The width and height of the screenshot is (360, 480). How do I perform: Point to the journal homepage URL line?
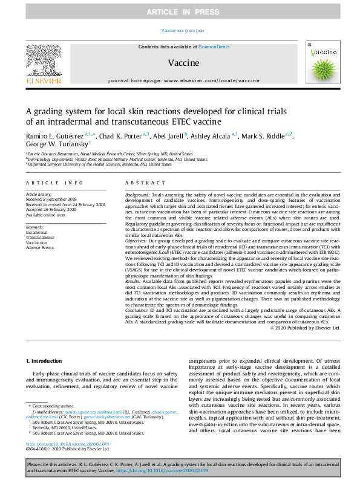point(179,80)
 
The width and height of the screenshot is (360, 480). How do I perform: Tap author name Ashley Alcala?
point(215,135)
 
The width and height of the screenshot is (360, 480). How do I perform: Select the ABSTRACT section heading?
point(141,183)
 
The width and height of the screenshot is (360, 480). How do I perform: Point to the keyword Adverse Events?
point(39,248)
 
